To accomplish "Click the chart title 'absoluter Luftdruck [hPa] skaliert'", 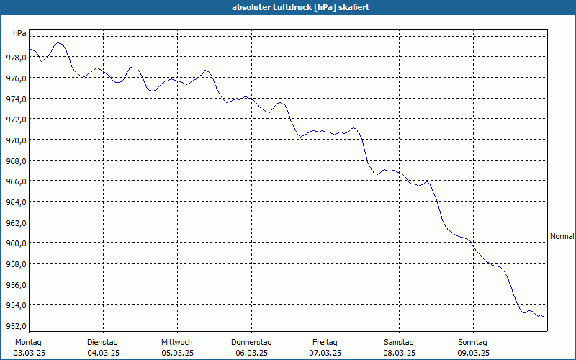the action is click(x=300, y=7).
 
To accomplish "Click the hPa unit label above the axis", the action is click(x=19, y=33).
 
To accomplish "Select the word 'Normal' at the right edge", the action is click(x=562, y=236).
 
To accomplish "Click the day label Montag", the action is click(x=28, y=343).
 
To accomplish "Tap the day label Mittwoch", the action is click(x=177, y=343).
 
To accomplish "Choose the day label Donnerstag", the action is click(x=251, y=343).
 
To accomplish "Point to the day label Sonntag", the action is click(x=473, y=343).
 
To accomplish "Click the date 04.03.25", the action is click(x=103, y=354).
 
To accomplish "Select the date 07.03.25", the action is click(x=325, y=354).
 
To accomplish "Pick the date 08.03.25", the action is click(x=400, y=354).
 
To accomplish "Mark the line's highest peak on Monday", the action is click(x=58, y=43).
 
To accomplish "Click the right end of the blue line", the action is click(x=544, y=318).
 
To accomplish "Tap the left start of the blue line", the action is click(x=30, y=48).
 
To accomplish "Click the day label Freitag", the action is click(x=325, y=343).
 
